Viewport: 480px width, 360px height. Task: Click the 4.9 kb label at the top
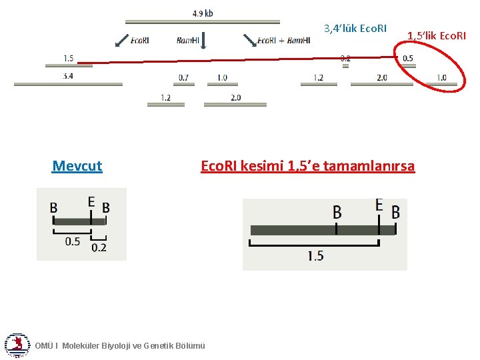pyautogui.click(x=203, y=13)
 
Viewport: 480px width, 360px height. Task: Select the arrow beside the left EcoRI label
pyautogui.click(x=121, y=40)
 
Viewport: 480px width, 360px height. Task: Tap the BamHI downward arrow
pyautogui.click(x=203, y=41)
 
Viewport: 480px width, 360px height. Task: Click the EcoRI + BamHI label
pyautogui.click(x=283, y=41)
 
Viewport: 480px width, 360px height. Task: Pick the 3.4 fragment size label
pyautogui.click(x=68, y=76)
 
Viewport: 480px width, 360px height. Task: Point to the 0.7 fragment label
pyautogui.click(x=183, y=77)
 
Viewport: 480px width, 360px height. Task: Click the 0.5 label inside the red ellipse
pyautogui.click(x=407, y=58)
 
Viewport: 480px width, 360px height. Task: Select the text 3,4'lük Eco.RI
pyautogui.click(x=355, y=29)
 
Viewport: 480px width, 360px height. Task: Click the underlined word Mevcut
pyautogui.click(x=77, y=166)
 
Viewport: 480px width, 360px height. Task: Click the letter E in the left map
pyautogui.click(x=91, y=201)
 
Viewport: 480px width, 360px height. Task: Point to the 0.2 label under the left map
pyautogui.click(x=99, y=247)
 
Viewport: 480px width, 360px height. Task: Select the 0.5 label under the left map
pyautogui.click(x=72, y=241)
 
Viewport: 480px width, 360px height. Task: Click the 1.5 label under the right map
pyautogui.click(x=315, y=255)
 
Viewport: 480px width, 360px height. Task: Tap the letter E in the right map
pyautogui.click(x=379, y=204)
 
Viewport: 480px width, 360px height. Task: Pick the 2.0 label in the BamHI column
pyautogui.click(x=235, y=97)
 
